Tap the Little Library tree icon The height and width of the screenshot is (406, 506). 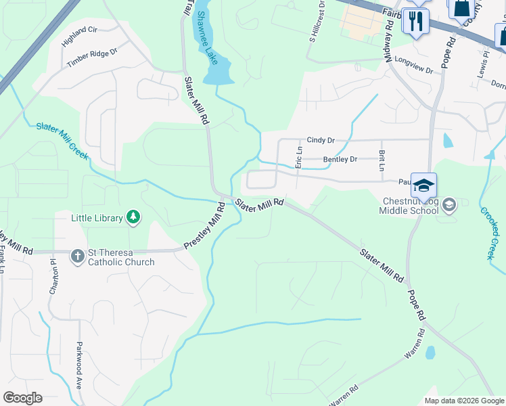pos(135,217)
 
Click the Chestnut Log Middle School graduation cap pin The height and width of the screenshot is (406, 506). pos(423,185)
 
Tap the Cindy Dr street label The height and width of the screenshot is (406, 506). pos(321,140)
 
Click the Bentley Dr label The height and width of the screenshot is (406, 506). pos(340,160)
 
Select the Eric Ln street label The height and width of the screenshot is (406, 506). pos(298,156)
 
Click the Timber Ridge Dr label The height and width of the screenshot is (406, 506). pos(92,58)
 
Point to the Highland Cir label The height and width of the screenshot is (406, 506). pos(79,37)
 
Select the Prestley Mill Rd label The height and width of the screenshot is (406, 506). pos(204,224)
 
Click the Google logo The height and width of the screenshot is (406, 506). pos(22,397)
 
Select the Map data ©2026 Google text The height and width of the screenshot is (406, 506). pos(464,401)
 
